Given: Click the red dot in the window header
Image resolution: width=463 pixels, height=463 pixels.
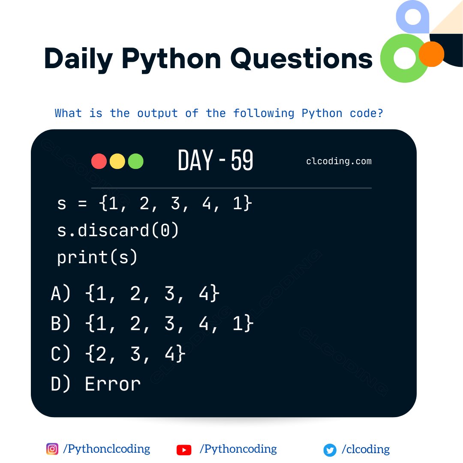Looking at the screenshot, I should tap(99, 161).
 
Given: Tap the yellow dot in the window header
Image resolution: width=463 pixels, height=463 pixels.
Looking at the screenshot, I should tap(117, 161).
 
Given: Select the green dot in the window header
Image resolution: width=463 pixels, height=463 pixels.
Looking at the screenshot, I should tap(135, 161).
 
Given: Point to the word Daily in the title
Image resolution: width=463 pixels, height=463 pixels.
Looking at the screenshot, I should tap(78, 59).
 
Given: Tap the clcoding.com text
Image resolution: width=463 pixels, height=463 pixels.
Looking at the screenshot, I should tap(339, 161).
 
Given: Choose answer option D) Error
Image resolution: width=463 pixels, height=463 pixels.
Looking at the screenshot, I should tap(96, 384).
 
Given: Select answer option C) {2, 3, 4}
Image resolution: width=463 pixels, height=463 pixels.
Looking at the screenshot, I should tap(118, 354).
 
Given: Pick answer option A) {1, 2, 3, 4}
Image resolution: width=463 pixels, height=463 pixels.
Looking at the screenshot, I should tap(135, 294).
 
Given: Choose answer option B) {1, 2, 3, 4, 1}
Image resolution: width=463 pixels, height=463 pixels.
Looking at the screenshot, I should tap(153, 324).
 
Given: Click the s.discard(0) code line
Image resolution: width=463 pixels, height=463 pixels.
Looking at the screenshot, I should tap(118, 231).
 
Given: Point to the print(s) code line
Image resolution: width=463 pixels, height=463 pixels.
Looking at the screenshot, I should tap(97, 257).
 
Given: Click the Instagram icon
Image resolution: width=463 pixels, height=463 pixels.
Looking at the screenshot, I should tap(52, 449).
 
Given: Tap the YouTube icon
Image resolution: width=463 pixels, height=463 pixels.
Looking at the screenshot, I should tap(184, 450).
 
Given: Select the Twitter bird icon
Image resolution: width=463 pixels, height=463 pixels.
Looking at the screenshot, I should tap(330, 450).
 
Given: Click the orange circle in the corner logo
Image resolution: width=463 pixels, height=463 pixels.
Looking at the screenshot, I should tap(431, 54).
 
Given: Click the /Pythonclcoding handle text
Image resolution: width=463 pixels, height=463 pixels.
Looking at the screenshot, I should tap(106, 449).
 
